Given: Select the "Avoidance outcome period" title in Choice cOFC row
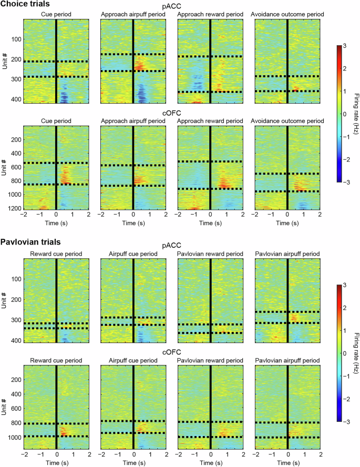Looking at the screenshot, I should [287, 121].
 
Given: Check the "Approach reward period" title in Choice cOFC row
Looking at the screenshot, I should [210, 121].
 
